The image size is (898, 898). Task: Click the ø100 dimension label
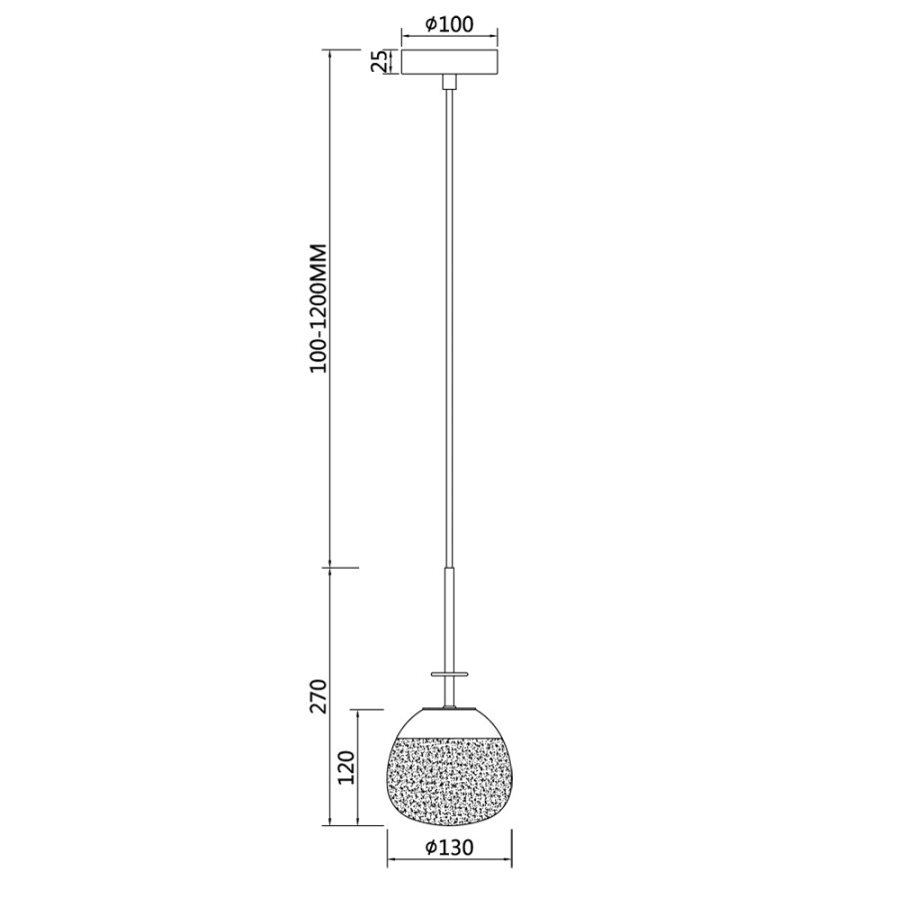[x=449, y=24]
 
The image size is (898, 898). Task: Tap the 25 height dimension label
[x=378, y=61]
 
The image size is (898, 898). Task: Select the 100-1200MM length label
[x=318, y=308]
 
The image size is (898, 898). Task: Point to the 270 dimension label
[x=318, y=695]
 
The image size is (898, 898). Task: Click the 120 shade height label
[x=346, y=767]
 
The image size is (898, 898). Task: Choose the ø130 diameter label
[x=449, y=847]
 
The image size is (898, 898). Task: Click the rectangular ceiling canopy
[x=450, y=62]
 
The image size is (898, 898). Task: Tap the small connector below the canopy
[x=450, y=82]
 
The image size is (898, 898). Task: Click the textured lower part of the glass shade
[x=450, y=782]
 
